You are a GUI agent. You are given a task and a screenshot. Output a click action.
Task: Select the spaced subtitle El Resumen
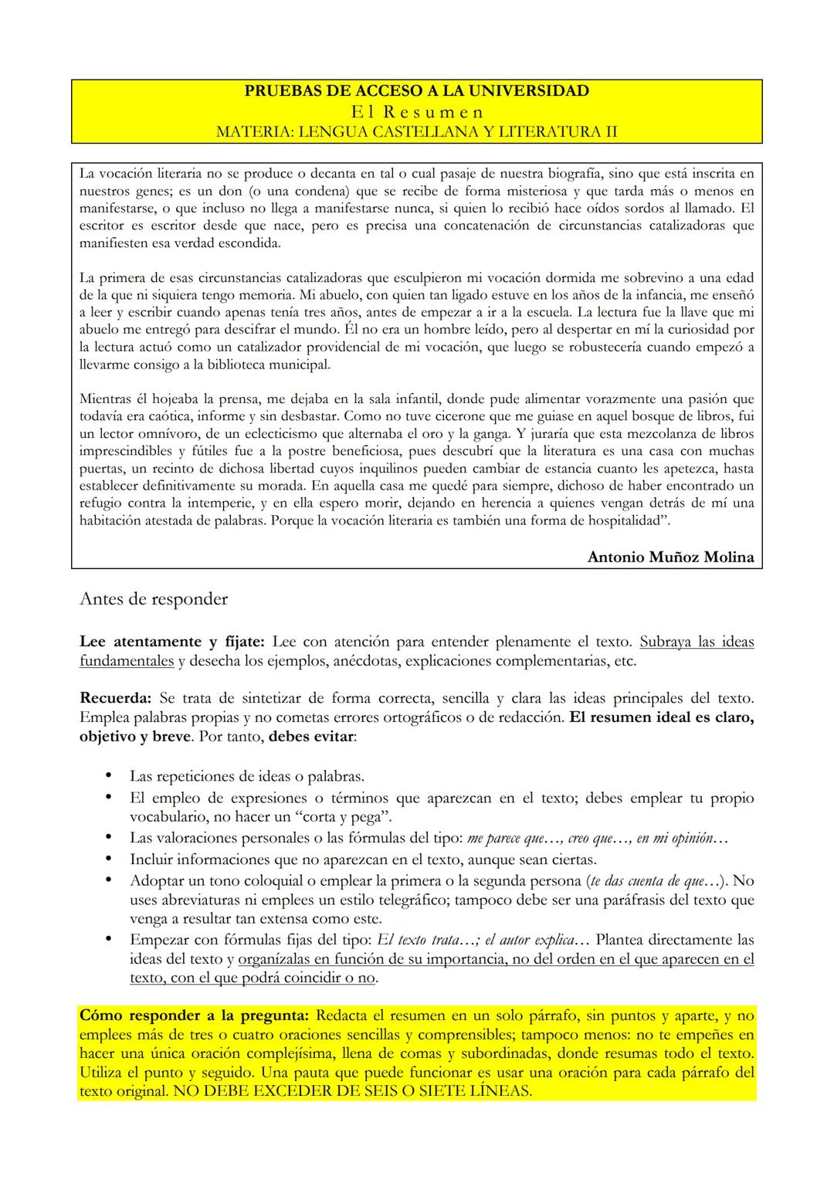(x=416, y=111)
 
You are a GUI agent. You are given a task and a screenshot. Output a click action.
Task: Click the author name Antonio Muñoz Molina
(x=670, y=557)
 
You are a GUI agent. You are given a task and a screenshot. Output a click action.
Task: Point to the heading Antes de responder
(x=154, y=598)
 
